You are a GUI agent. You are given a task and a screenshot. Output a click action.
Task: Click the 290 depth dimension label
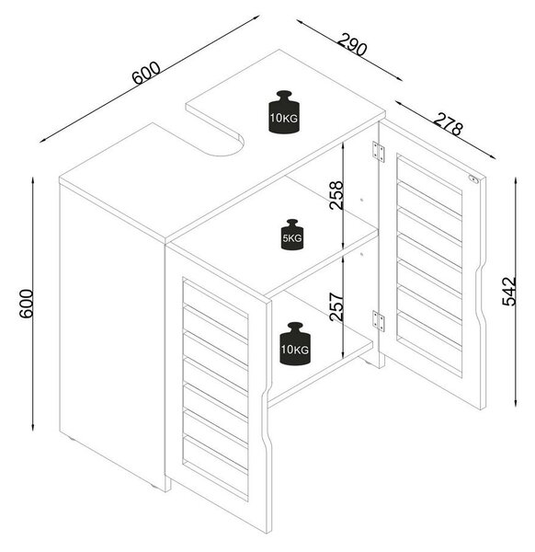tap(352, 45)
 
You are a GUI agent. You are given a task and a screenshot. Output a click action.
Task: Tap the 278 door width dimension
tap(448, 124)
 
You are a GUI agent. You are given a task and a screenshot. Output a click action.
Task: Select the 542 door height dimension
tap(509, 292)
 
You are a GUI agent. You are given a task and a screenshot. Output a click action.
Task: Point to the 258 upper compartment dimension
tap(336, 195)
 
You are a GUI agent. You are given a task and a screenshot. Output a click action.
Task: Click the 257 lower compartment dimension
tap(336, 306)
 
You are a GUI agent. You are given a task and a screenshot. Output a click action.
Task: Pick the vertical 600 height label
tap(26, 304)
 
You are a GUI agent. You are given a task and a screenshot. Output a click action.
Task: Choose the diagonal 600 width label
tap(147, 73)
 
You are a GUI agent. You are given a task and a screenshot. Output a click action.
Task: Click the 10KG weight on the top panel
tap(284, 112)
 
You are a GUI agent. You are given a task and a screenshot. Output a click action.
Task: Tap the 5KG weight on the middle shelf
tap(292, 235)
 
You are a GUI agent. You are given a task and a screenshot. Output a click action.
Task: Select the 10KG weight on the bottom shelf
tap(295, 343)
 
